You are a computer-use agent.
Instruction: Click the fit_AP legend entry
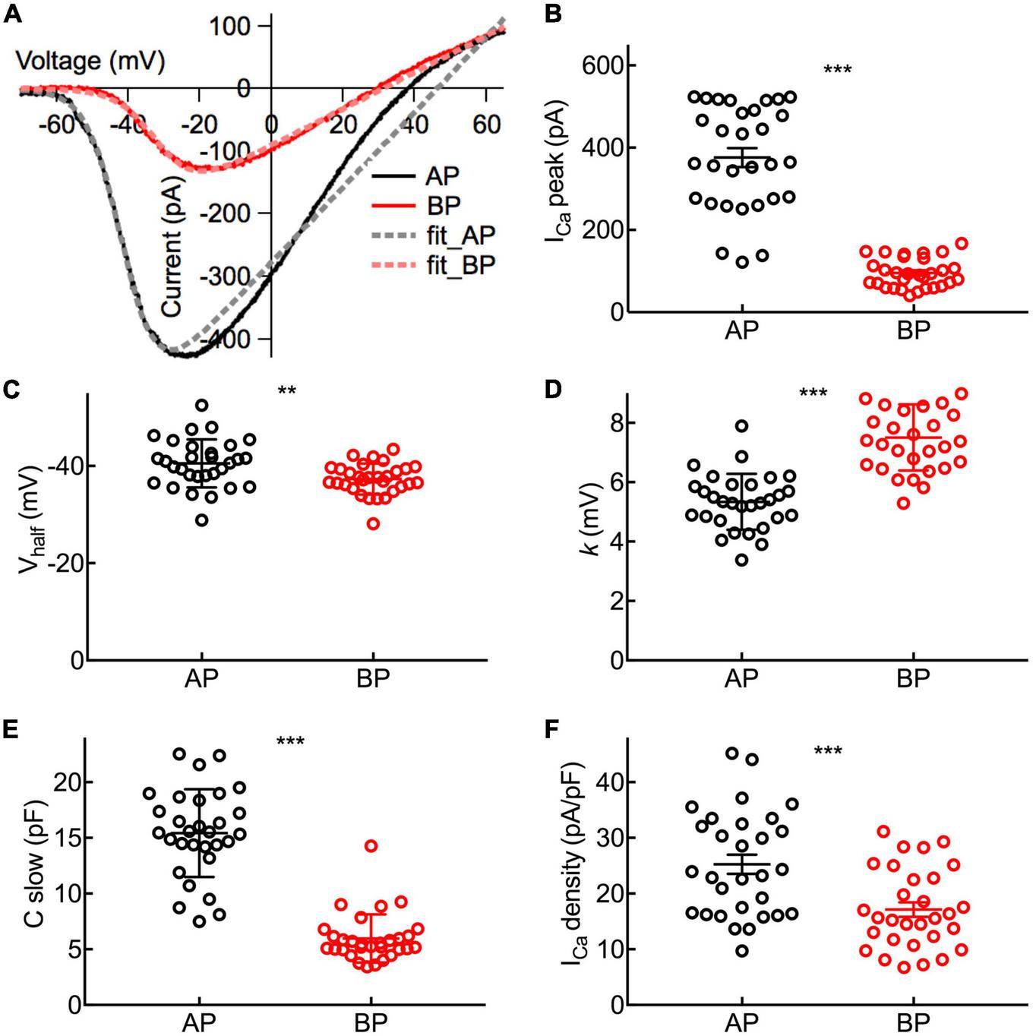pyautogui.click(x=460, y=235)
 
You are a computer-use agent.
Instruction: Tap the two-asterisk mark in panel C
pyautogui.click(x=286, y=392)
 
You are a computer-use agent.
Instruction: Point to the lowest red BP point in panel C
pyautogui.click(x=373, y=523)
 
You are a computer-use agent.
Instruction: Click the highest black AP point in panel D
pyautogui.click(x=741, y=425)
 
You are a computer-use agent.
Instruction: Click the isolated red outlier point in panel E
pyautogui.click(x=371, y=845)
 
